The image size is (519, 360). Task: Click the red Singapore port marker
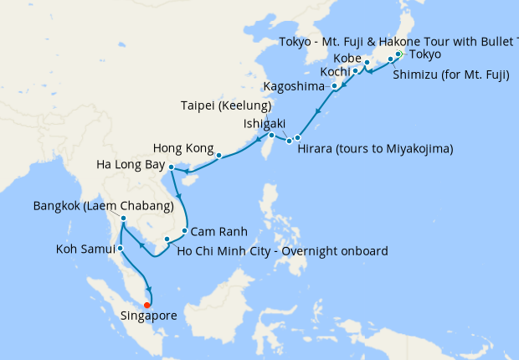pyautogui.click(x=147, y=305)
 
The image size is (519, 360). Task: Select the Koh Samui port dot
pyautogui.click(x=121, y=248)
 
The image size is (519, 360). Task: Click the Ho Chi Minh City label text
pyautogui.click(x=284, y=249)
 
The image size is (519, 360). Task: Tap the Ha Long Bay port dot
pyautogui.click(x=171, y=167)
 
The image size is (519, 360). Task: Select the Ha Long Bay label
pyautogui.click(x=130, y=164)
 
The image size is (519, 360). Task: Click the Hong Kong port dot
pyautogui.click(x=218, y=155)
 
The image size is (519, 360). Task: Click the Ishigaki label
pyautogui.click(x=265, y=123)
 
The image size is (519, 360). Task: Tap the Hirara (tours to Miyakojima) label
pyautogui.click(x=375, y=149)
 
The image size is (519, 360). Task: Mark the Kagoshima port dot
pyautogui.click(x=335, y=86)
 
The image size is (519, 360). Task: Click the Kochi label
pyautogui.click(x=331, y=72)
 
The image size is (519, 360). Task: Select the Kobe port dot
pyautogui.click(x=367, y=63)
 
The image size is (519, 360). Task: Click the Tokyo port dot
pyautogui.click(x=398, y=54)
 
